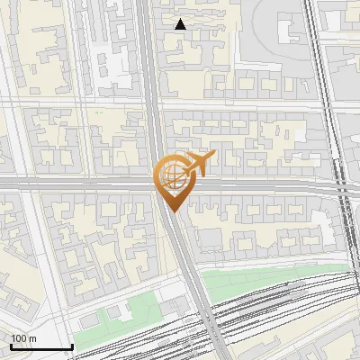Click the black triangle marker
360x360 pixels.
tap(181, 24)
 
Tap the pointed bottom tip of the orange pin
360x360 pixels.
tap(172, 212)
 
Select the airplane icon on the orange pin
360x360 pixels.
tap(200, 163)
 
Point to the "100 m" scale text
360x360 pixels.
tap(24, 337)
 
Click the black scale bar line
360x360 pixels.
tap(41, 346)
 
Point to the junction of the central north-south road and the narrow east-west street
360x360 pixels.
tap(153, 106)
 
